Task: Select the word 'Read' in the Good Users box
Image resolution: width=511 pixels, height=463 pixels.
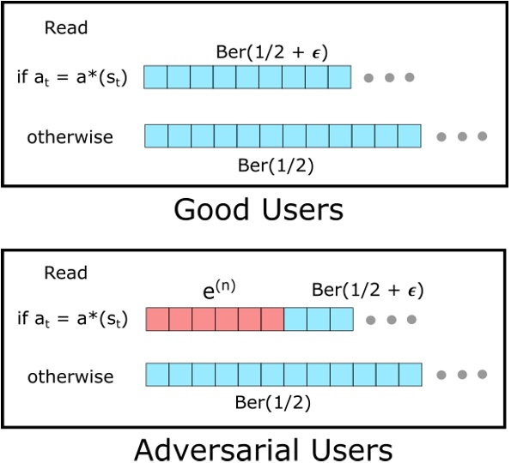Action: [66, 28]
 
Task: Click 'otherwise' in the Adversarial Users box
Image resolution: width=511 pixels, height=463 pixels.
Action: [70, 376]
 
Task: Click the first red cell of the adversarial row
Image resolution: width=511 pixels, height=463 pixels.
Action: [157, 320]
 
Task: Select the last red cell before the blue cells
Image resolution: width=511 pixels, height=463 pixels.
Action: [271, 320]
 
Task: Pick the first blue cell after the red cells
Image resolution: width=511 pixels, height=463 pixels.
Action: [295, 320]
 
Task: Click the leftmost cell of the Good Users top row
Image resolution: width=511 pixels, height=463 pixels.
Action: [155, 77]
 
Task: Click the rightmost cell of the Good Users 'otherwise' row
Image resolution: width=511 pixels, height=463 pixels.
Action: [410, 136]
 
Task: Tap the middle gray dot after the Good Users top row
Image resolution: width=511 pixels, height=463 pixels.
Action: [389, 77]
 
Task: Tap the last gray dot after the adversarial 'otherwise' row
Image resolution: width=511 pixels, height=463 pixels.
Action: [482, 376]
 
